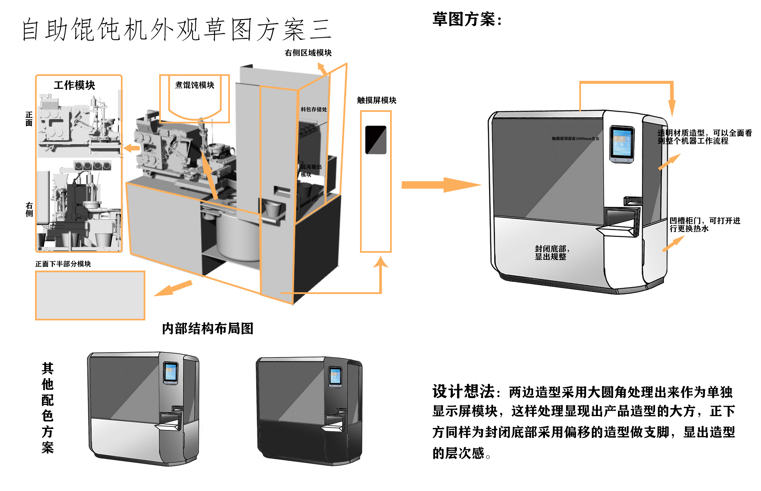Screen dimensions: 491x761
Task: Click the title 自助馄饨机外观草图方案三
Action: (177, 30)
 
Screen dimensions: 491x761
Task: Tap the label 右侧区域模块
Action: (308, 53)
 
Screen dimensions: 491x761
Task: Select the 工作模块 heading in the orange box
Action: (74, 85)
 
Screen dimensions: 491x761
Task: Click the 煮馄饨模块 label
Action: (195, 85)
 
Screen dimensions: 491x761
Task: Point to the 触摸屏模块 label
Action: (377, 100)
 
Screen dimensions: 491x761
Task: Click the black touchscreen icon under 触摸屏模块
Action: (376, 140)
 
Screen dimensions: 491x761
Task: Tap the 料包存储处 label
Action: (314, 109)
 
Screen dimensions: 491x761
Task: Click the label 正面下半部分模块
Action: (63, 264)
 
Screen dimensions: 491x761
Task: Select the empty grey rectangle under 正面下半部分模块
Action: (90, 296)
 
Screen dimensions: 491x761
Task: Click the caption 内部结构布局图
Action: (207, 329)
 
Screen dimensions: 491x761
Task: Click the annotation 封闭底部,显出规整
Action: (551, 253)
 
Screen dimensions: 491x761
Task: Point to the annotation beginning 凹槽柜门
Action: (705, 225)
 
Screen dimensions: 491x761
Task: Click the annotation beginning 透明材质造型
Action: (704, 137)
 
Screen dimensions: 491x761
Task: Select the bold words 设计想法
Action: (463, 392)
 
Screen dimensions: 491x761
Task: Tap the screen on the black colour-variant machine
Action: (335, 376)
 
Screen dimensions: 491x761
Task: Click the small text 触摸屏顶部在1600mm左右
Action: (575, 139)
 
